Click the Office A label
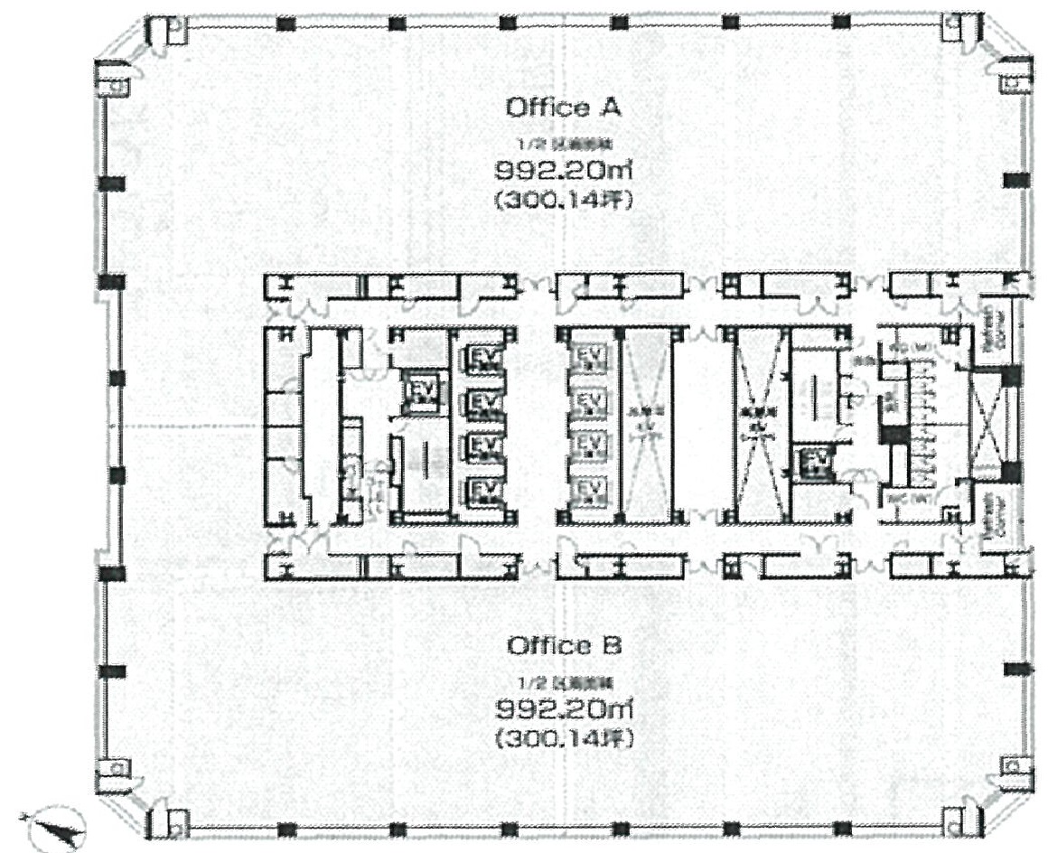point(561,108)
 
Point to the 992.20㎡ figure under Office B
point(562,707)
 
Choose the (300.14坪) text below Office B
point(562,738)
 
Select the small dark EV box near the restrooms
point(815,463)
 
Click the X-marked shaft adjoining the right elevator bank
point(645,426)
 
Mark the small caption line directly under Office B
point(562,679)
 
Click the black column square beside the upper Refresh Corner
point(1010,377)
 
